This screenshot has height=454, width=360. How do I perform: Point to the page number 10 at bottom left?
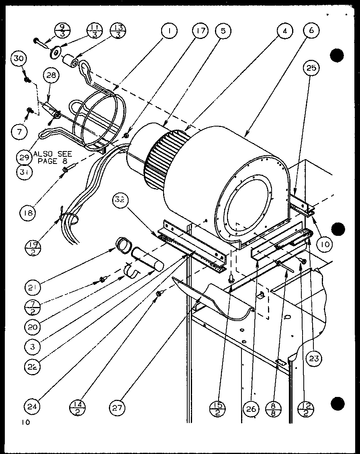point(27,422)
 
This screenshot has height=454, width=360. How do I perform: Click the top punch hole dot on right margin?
point(337,55)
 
